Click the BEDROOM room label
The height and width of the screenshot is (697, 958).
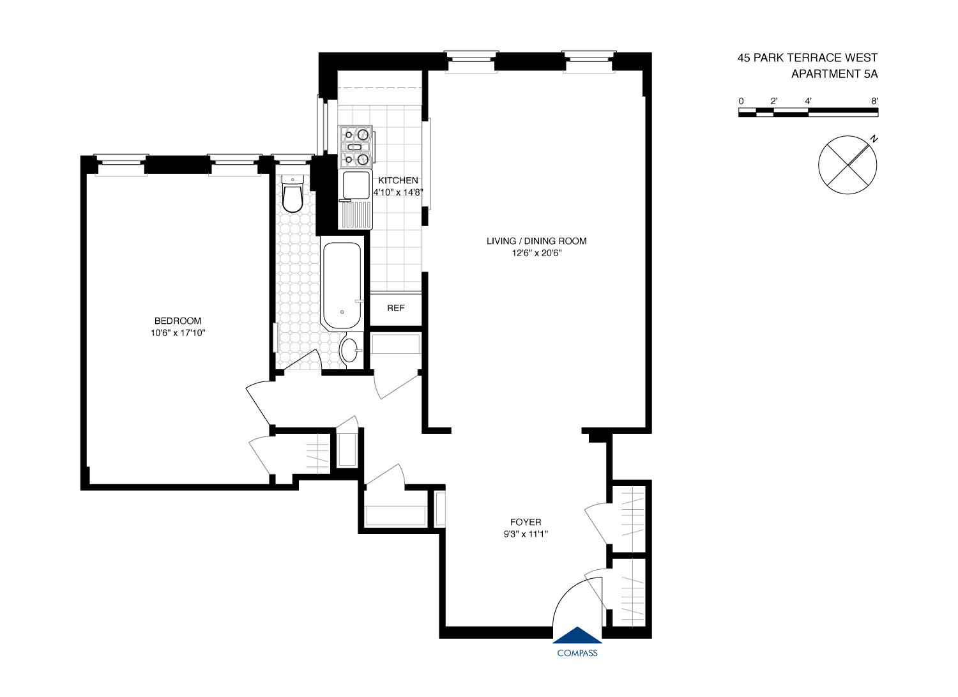click(178, 321)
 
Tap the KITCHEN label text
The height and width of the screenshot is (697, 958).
click(398, 180)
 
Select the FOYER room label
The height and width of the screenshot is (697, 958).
click(526, 522)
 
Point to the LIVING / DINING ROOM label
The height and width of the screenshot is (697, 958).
click(536, 241)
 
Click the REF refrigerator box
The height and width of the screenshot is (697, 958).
click(396, 308)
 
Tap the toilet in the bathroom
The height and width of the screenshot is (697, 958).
click(293, 195)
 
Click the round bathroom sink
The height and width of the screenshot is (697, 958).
click(349, 349)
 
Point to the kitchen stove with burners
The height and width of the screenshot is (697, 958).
click(356, 146)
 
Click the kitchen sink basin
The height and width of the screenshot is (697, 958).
click(356, 185)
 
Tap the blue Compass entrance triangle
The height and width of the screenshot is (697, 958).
click(577, 636)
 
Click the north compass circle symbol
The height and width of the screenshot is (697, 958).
click(848, 165)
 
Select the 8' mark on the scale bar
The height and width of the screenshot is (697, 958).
click(874, 101)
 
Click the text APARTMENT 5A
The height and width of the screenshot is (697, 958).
click(834, 74)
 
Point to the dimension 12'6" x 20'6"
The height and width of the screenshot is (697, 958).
click(536, 253)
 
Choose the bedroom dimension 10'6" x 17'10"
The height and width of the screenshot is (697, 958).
click(178, 333)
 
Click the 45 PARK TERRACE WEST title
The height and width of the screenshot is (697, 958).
click(807, 57)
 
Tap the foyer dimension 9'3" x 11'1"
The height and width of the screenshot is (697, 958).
click(526, 534)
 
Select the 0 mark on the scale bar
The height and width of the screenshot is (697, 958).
click(741, 101)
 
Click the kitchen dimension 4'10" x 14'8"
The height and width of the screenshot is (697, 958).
click(398, 192)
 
